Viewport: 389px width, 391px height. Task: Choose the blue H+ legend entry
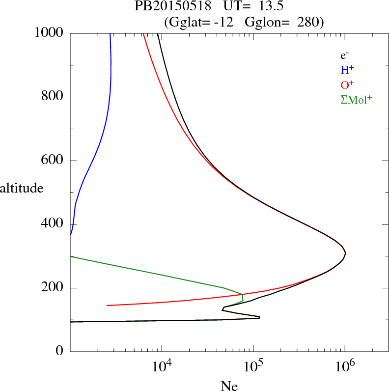347,70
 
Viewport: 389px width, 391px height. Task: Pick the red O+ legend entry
347,84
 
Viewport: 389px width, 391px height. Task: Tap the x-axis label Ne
229,386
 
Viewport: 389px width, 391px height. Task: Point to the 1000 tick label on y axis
49,33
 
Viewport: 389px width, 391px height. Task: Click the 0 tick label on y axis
60,351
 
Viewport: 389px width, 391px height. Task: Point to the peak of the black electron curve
346,253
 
